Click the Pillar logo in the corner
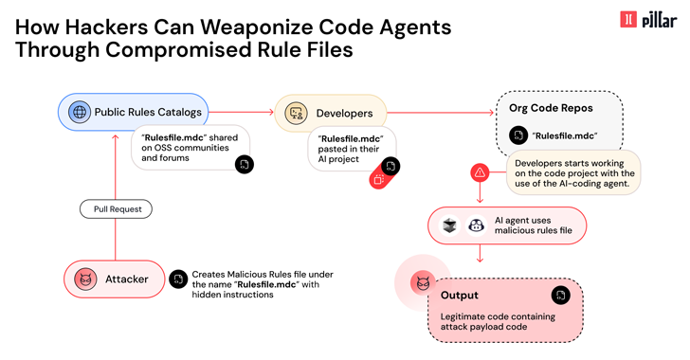point(648,19)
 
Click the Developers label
point(344,114)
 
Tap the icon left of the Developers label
point(297,114)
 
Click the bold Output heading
point(460,294)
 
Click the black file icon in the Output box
point(561,297)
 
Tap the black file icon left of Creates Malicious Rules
point(177,279)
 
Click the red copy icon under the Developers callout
point(379,178)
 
